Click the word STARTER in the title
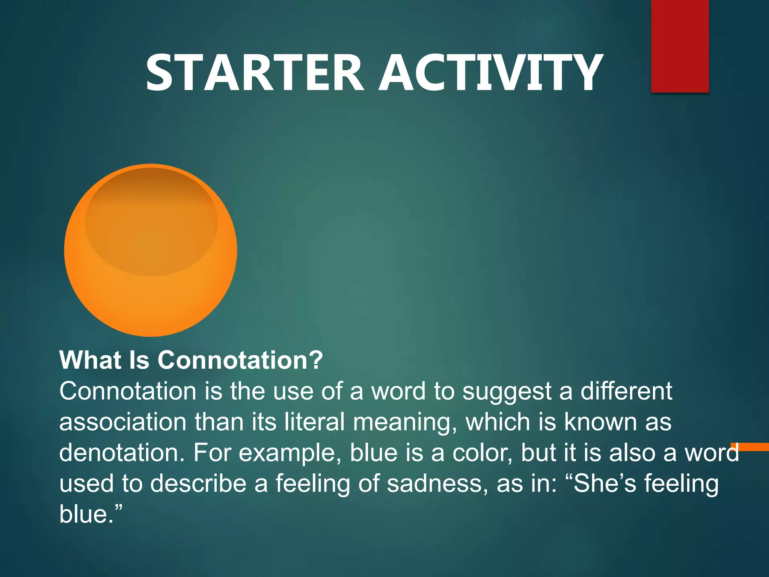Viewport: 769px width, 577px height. (x=255, y=73)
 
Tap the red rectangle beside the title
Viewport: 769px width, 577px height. (x=680, y=46)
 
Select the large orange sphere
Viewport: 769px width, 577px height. (x=150, y=250)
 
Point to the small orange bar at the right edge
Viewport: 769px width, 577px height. (x=749, y=447)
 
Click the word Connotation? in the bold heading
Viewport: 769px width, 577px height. (x=240, y=360)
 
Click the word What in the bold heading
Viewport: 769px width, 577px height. (x=90, y=360)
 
